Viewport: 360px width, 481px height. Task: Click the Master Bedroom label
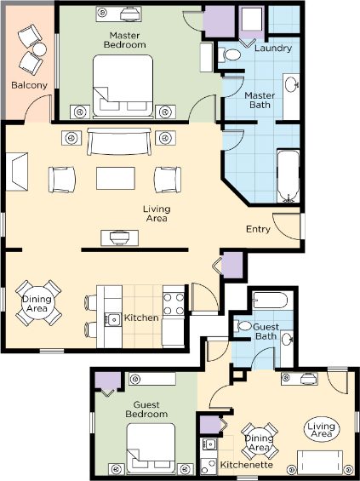[x=124, y=40]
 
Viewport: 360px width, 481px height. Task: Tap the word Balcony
[x=29, y=85]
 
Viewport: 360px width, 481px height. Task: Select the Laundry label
[x=273, y=49]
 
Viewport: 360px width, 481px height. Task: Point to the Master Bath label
[x=260, y=100]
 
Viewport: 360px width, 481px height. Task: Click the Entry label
[x=258, y=229]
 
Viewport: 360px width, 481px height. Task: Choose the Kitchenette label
[x=246, y=465]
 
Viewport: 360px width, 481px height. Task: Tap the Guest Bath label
[x=266, y=331]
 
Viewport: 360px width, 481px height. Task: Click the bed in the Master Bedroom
[x=123, y=86]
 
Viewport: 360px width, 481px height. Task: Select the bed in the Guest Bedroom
[x=151, y=448]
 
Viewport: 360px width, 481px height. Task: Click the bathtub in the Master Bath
[x=288, y=176]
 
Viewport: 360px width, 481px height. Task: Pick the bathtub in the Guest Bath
[x=270, y=301]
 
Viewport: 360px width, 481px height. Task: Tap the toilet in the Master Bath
[x=229, y=54]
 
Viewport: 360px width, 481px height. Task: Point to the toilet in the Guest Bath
[x=243, y=326]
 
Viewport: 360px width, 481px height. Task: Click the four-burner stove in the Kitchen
[x=174, y=304]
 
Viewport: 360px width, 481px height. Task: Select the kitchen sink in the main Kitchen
[x=112, y=319]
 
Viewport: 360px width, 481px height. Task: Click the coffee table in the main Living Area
[x=116, y=178]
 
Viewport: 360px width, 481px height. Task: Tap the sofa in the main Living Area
[x=119, y=141]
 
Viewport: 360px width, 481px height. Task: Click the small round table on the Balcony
[x=39, y=49]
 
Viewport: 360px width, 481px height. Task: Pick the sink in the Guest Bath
[x=287, y=340]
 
